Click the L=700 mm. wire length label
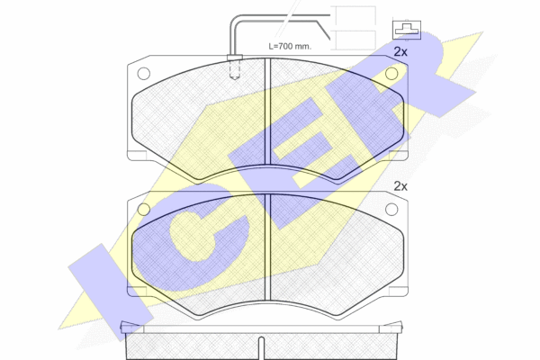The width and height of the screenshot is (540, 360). (x=290, y=46)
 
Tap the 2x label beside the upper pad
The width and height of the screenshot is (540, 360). (x=400, y=52)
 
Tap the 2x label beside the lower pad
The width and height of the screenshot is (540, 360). (x=400, y=186)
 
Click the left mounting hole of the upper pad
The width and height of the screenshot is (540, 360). (x=144, y=74)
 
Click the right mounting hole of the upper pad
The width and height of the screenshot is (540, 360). (x=391, y=74)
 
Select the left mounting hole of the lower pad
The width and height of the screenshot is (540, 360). (x=144, y=209)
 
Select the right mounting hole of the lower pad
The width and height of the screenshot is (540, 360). (x=391, y=209)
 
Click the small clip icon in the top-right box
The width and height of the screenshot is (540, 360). (x=407, y=30)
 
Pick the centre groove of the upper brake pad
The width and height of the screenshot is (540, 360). (x=267, y=111)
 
